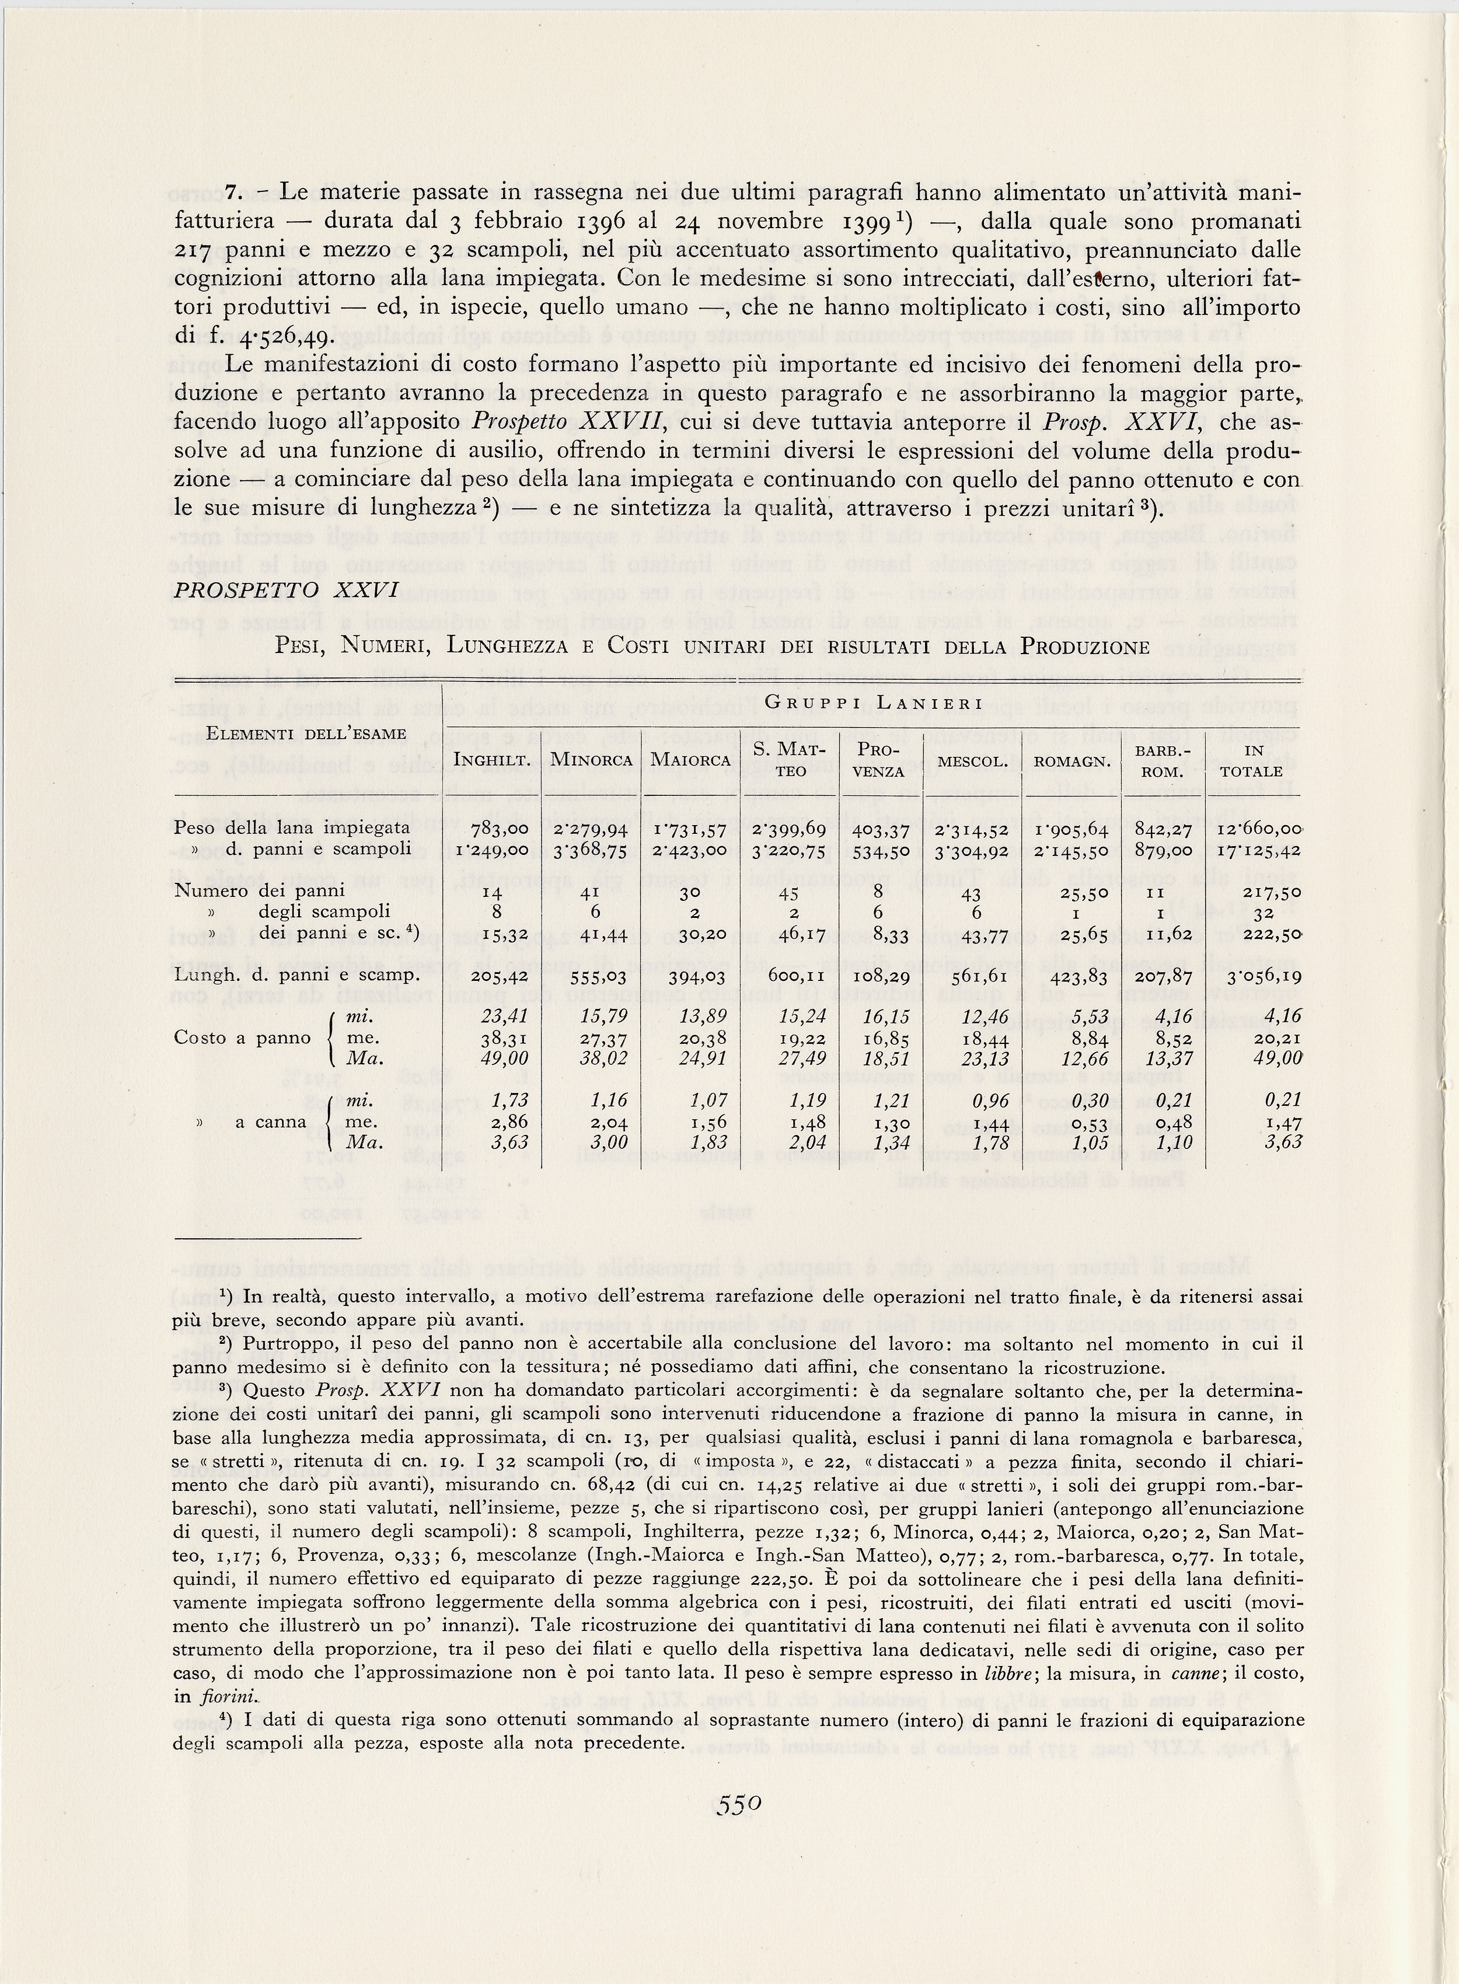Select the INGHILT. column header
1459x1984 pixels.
491,760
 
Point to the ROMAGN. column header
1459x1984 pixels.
1065,760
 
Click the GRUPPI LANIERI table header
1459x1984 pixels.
874,702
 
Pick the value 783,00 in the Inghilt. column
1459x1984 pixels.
500,830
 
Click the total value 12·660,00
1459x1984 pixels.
1258,830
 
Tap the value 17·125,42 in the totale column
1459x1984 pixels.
1258,850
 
